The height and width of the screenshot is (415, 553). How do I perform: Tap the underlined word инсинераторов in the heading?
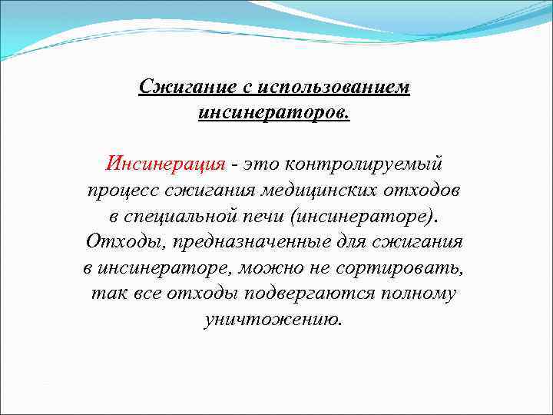point(273,112)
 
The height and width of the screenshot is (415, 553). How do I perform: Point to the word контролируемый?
point(364,164)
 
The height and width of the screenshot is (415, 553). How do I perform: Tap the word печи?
point(261,216)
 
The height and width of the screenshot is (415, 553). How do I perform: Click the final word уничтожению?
point(273,320)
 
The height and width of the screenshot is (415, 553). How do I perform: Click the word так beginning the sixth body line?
point(104,294)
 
